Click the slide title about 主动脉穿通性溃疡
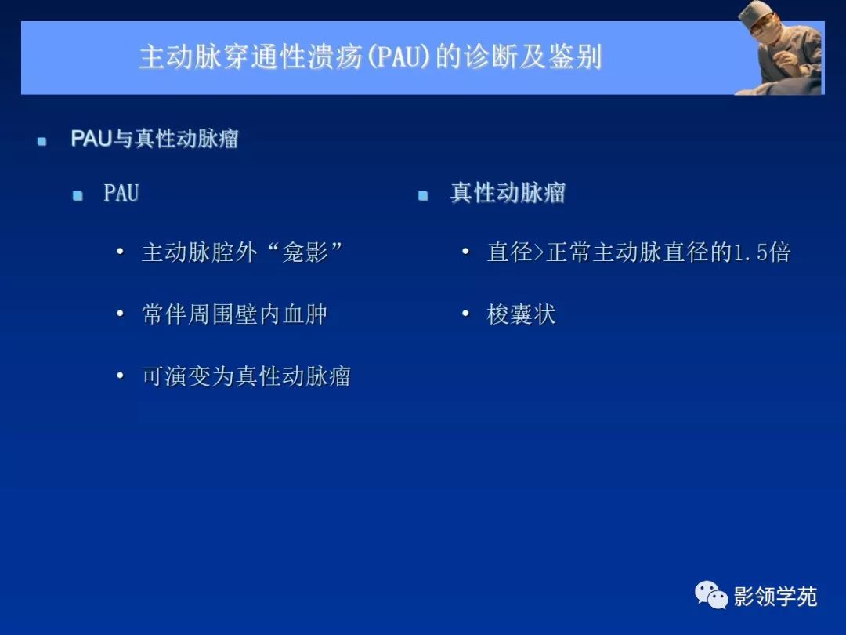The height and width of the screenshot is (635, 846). click(370, 58)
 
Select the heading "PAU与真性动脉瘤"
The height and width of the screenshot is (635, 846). click(154, 140)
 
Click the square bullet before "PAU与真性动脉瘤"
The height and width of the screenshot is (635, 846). click(42, 142)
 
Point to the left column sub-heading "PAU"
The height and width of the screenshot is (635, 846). click(121, 194)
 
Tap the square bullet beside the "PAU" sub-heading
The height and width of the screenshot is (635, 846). click(78, 196)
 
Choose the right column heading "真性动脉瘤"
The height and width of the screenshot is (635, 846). click(508, 194)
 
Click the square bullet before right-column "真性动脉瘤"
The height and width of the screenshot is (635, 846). click(423, 196)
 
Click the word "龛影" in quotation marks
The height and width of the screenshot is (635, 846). click(305, 252)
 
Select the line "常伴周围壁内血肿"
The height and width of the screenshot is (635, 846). click(234, 315)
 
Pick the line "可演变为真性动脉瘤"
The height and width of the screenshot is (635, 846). click(246, 377)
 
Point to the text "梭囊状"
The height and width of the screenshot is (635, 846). click(521, 315)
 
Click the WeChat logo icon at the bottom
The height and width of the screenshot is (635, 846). click(711, 595)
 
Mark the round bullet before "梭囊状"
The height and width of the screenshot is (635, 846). click(465, 314)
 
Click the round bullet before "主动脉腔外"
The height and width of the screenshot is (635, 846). click(120, 252)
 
